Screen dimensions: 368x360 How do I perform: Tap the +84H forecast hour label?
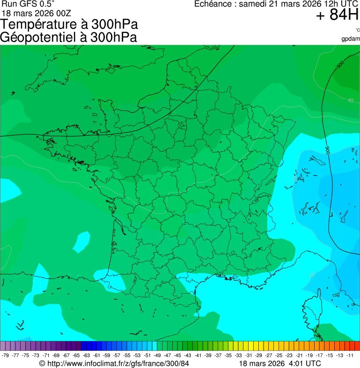(x=337, y=15)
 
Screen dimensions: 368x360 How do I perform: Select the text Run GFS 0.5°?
(x=28, y=4)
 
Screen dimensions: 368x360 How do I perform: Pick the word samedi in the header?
(x=253, y=4)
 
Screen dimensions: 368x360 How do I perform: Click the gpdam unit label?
(x=351, y=38)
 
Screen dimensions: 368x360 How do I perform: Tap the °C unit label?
(x=357, y=30)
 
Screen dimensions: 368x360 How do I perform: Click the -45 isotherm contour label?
(x=350, y=101)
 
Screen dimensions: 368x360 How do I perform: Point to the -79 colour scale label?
(x=6, y=355)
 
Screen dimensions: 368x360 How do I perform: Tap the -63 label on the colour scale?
(x=87, y=355)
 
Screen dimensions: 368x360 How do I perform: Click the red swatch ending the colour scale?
(x=357, y=346)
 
